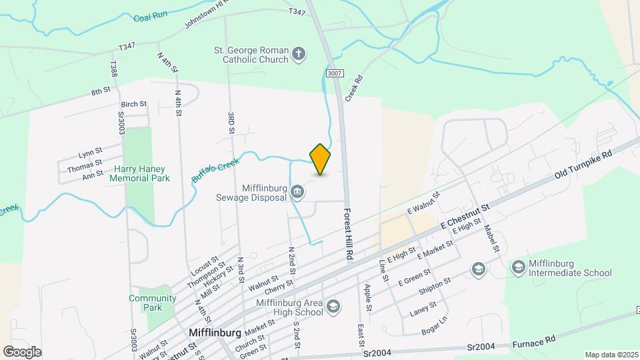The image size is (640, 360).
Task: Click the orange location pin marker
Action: (321, 159)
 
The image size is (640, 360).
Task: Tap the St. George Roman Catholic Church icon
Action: (299, 55)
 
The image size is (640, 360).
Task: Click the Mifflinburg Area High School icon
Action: (333, 307)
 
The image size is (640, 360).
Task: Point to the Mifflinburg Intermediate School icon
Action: (518, 267)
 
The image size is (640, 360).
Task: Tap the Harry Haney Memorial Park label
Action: (141, 173)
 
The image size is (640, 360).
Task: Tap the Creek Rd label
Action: (353, 88)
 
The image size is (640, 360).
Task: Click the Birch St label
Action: (133, 104)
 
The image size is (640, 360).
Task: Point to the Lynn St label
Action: (90, 152)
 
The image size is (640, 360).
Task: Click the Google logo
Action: (22, 351)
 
